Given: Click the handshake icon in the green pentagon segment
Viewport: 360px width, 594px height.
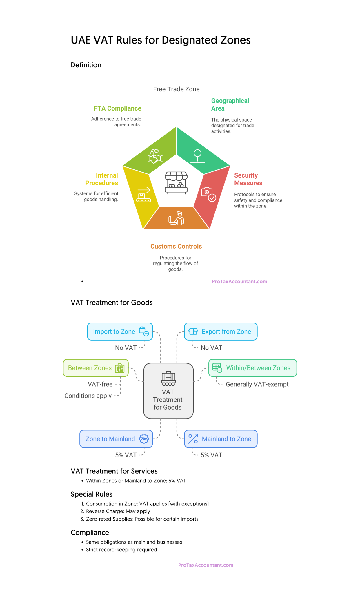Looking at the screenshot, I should [155, 156].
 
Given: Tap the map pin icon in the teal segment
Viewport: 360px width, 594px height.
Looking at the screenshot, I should [198, 156].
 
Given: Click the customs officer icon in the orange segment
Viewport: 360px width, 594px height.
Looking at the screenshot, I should [177, 218].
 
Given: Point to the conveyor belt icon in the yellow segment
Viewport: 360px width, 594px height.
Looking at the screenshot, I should [144, 195].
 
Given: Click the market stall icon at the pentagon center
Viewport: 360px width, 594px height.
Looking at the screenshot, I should [176, 182].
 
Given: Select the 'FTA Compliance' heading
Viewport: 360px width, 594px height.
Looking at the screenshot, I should [117, 108].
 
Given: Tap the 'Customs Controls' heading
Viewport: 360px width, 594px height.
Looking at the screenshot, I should [176, 246].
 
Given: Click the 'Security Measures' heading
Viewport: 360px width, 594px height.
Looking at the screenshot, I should [248, 179].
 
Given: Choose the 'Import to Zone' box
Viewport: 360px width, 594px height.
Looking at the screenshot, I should [120, 332].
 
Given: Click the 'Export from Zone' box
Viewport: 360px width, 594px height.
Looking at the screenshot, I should [221, 332].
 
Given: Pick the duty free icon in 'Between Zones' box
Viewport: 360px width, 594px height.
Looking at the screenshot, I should [120, 368].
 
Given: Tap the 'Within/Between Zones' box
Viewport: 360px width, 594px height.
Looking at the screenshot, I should [252, 368].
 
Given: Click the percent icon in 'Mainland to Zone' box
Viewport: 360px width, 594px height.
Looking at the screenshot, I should [193, 439].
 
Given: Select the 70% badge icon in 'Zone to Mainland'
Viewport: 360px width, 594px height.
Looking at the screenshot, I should [144, 439].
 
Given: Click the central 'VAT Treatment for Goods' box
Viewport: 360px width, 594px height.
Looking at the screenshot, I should [168, 391].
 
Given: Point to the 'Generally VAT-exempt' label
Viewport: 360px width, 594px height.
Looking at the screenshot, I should [257, 384].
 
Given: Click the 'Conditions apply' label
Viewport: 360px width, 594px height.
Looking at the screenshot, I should [88, 396].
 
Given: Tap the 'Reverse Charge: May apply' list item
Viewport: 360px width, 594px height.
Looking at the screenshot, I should [118, 511].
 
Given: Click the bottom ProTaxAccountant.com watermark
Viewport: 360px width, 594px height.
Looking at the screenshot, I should [206, 565].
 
